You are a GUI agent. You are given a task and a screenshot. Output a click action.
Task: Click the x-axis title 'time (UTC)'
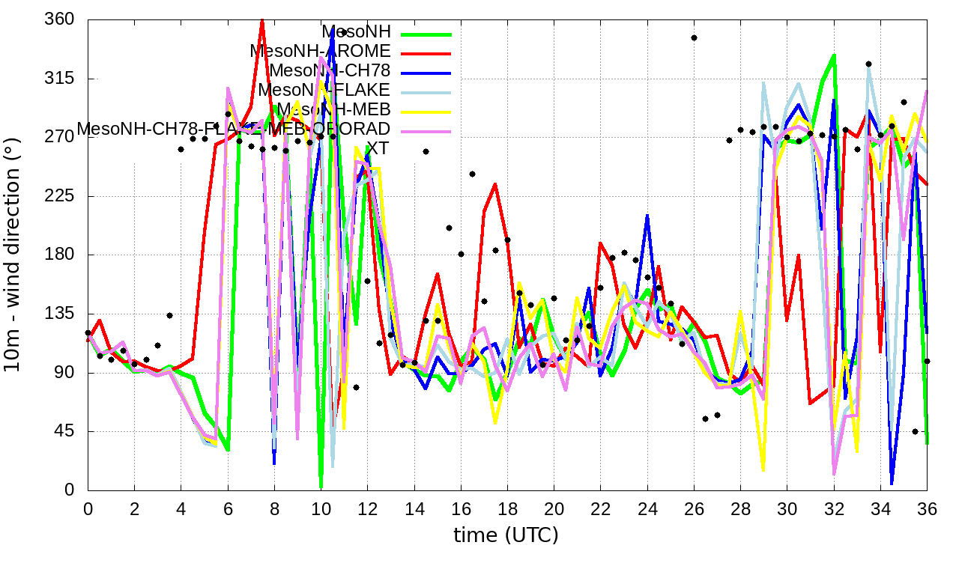tap(506, 535)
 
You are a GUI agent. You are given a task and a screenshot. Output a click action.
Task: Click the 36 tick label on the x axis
tap(927, 508)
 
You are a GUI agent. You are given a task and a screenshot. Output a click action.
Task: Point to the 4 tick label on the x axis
tap(181, 508)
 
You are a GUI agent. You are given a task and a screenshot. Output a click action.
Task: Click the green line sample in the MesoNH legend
tap(427, 34)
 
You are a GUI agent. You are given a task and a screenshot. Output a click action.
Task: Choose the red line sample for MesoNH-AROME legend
tap(427, 53)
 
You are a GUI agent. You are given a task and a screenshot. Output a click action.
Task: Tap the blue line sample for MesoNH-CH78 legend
tap(427, 73)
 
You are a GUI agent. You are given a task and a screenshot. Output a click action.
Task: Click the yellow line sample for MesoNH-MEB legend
tap(427, 112)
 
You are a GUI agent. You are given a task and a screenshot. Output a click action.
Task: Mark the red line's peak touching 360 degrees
tap(262, 21)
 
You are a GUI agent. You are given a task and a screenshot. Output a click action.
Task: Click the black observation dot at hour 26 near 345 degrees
tap(695, 37)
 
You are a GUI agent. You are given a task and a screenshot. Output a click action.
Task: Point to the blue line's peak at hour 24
tap(647, 216)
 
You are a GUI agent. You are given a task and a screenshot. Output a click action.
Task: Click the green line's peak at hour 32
tap(834, 55)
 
